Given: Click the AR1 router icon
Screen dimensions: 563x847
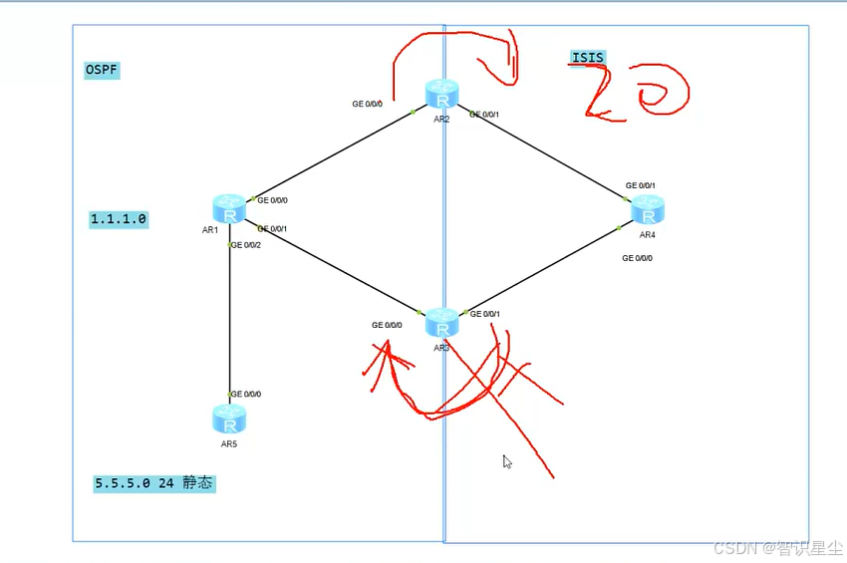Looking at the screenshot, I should [229, 209].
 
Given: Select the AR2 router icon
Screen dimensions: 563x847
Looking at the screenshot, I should [440, 95].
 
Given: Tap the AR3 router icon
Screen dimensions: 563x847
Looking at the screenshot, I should [441, 323].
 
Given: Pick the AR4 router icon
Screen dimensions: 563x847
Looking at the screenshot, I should [648, 210].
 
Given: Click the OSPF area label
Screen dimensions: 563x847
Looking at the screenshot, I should [102, 70].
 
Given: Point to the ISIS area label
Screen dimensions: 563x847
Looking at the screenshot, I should [588, 58].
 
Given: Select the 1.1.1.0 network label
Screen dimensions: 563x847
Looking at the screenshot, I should [119, 219].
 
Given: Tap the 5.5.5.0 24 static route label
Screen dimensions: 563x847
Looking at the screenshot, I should [154, 483].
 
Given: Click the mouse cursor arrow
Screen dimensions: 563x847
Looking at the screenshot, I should [506, 460].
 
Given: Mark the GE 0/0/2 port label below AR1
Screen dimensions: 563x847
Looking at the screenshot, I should [245, 245].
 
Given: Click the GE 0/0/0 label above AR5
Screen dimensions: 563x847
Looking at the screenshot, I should [246, 395].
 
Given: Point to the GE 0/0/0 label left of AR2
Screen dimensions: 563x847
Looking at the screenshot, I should [367, 104].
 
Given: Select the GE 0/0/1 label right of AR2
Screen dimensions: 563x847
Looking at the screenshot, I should [484, 115].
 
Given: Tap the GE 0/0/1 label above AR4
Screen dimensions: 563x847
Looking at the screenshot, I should [640, 185].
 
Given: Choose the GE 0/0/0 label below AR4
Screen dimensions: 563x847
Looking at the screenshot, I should [637, 258].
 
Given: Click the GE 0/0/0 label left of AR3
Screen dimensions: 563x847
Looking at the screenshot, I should [387, 325].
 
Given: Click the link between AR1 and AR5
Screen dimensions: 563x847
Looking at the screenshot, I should [229, 319].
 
